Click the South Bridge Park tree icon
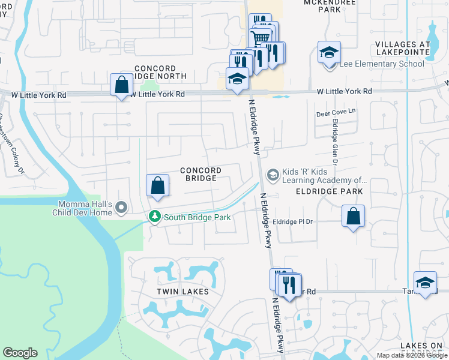155,217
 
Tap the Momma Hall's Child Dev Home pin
122,208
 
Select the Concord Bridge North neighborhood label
155,73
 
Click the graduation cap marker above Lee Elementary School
329,52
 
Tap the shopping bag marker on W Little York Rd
122,85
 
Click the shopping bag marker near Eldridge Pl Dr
353,215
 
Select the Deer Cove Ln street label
336,112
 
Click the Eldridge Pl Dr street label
294,221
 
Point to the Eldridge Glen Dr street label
335,142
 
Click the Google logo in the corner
20,353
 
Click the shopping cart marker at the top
260,38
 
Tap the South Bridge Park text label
197,217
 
